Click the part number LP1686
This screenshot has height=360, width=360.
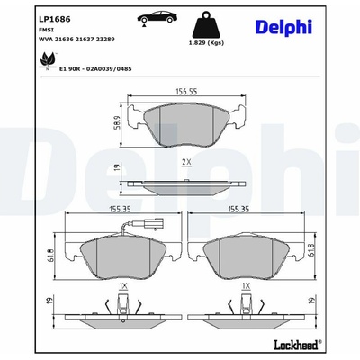55,20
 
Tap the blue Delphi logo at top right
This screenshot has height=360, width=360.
283,27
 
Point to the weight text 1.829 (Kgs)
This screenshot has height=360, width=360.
206,43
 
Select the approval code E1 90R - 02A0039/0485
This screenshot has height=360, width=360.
95,69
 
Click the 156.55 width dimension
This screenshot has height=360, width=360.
186,91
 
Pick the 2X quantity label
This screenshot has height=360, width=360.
186,162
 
